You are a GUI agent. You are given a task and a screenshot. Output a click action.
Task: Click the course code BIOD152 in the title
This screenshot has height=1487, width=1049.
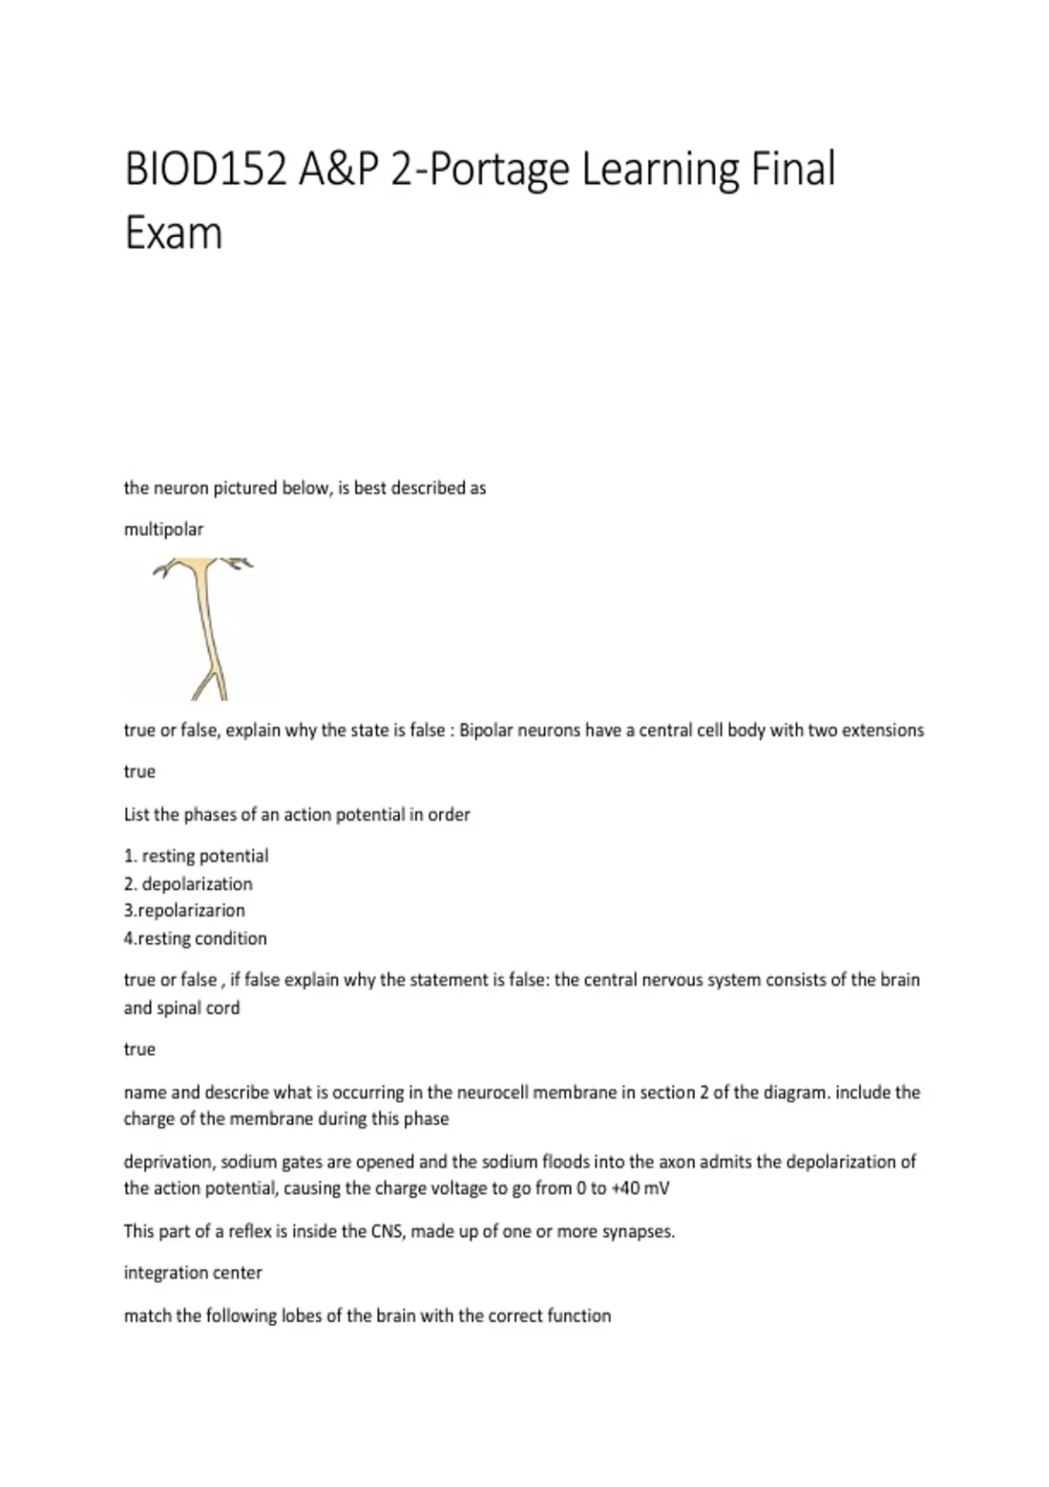pyautogui.click(x=205, y=169)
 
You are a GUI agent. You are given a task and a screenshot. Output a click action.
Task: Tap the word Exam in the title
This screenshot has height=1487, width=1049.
pyautogui.click(x=173, y=234)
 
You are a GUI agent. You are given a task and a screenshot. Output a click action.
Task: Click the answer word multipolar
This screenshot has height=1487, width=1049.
pyautogui.click(x=163, y=529)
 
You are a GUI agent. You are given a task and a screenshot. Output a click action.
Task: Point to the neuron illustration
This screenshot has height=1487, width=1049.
pyautogui.click(x=205, y=628)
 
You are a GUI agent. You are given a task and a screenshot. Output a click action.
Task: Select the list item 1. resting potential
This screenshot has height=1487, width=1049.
pyautogui.click(x=196, y=855)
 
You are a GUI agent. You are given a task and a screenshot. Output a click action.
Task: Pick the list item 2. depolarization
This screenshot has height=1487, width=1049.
pyautogui.click(x=188, y=883)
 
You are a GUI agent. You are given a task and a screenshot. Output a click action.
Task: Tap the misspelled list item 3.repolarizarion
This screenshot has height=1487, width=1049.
pyautogui.click(x=184, y=911)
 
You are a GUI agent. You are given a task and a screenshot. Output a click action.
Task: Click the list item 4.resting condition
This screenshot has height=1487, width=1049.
pyautogui.click(x=195, y=939)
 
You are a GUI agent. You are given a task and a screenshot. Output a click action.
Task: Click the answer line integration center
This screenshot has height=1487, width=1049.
pyautogui.click(x=192, y=1273)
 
